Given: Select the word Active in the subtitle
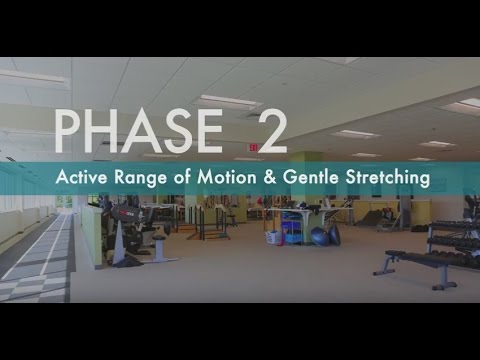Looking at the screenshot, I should click(80, 179).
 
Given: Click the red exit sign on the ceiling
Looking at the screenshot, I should click(254, 147).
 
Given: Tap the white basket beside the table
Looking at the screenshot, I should click(272, 237).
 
